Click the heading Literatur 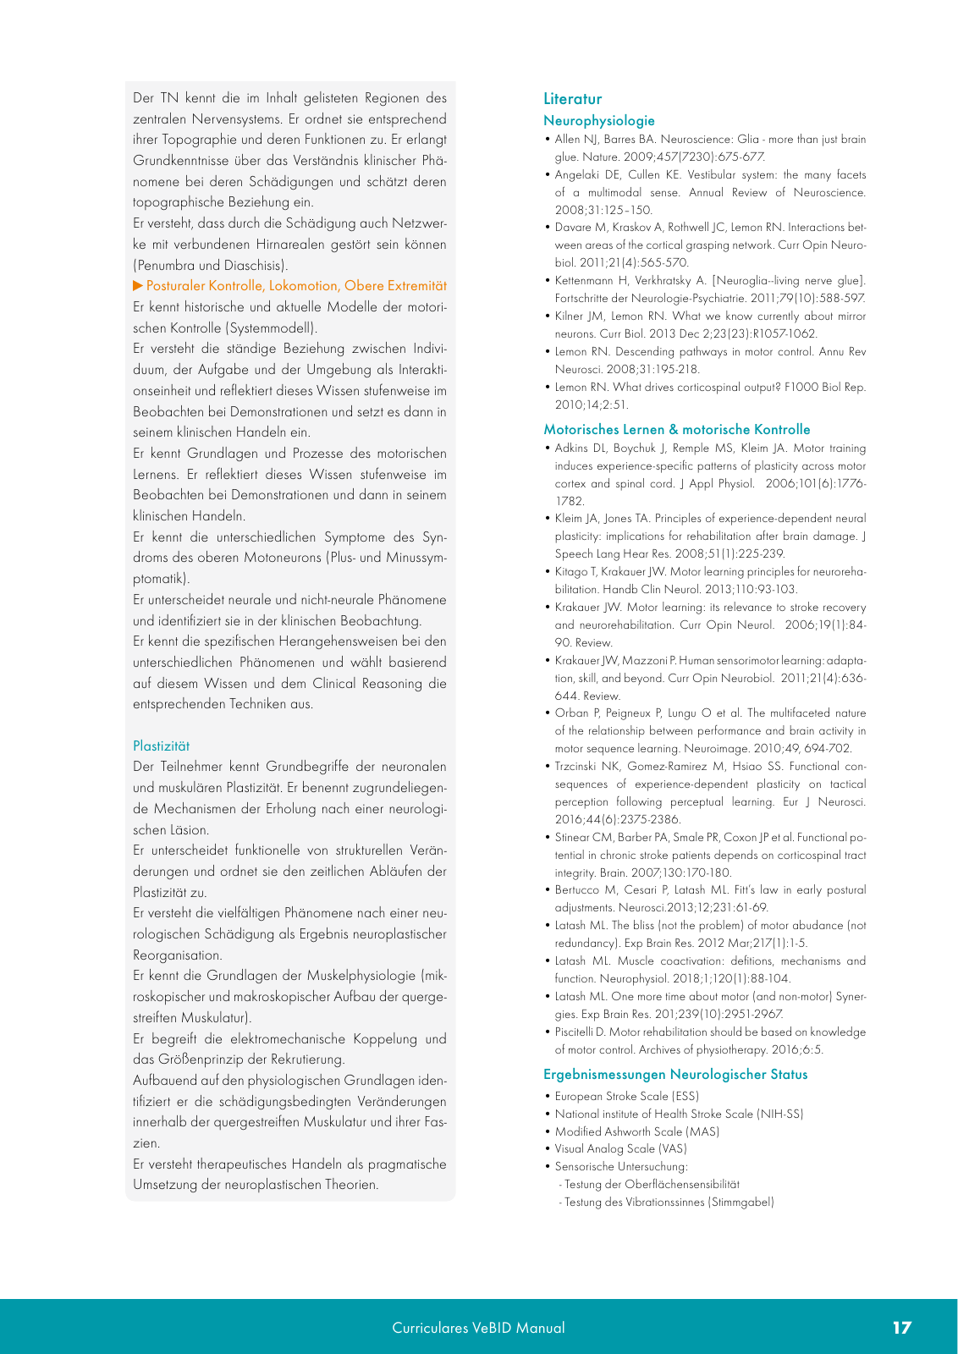(572, 99)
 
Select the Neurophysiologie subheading (598, 121)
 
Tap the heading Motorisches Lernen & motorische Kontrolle (676, 430)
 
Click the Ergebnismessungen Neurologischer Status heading (674, 1075)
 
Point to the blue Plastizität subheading (161, 746)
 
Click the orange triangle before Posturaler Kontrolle (138, 286)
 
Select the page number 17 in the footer (902, 1328)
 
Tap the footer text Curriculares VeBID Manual (478, 1328)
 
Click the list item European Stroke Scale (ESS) (626, 1097)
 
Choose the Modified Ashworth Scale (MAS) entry (636, 1132)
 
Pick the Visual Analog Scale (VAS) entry (620, 1149)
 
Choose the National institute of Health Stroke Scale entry (679, 1115)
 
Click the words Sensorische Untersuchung (621, 1167)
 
